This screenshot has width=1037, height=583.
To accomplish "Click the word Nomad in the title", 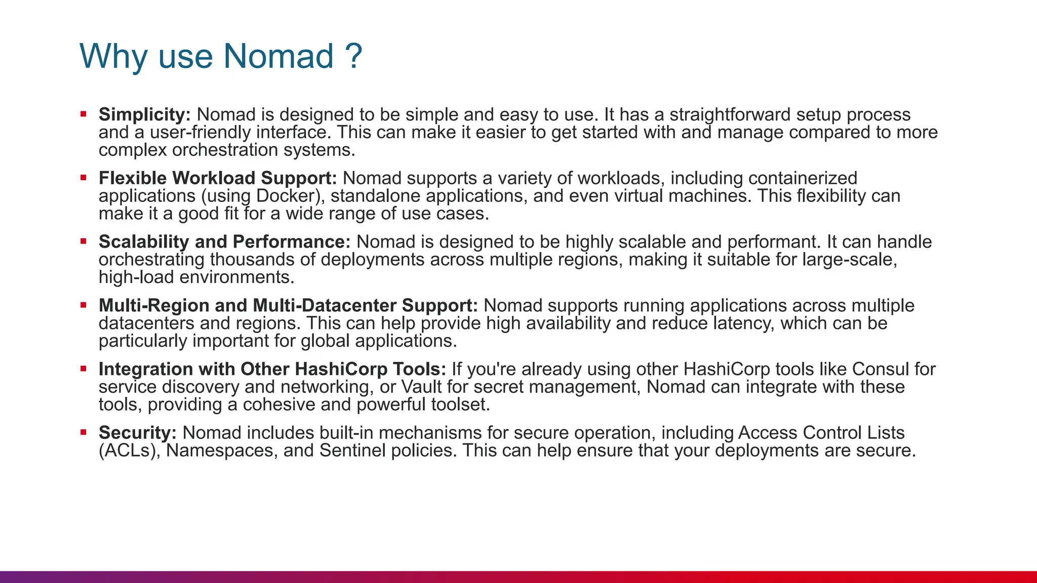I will tap(278, 56).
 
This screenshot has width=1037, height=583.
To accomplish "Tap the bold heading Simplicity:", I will tap(144, 115).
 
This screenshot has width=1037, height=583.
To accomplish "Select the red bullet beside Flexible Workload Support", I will tap(84, 178).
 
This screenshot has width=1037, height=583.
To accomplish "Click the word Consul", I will tap(881, 369).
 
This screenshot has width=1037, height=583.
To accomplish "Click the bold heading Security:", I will tap(137, 433).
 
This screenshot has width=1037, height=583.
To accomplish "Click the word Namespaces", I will tap(222, 451).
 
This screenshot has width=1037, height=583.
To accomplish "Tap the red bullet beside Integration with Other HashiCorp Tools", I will tap(84, 368).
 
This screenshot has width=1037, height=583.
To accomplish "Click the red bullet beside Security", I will tap(84, 432).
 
